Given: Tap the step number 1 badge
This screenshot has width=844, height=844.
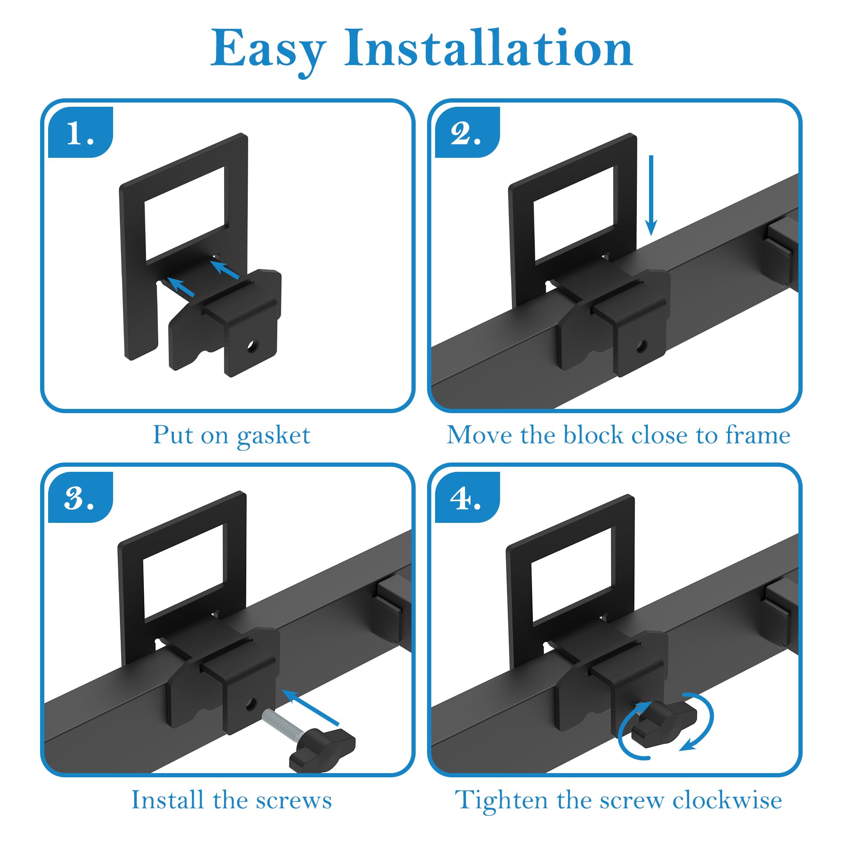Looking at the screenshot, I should point(80,133).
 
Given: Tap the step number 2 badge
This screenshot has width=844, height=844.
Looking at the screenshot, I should point(467,133).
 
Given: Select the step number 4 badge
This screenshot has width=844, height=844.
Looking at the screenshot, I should point(467,498).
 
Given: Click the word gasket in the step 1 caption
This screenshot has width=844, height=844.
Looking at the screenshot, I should point(273,436).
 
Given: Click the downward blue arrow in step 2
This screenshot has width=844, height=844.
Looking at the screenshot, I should point(651,195).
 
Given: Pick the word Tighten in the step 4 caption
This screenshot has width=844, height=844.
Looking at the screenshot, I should point(501,800).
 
